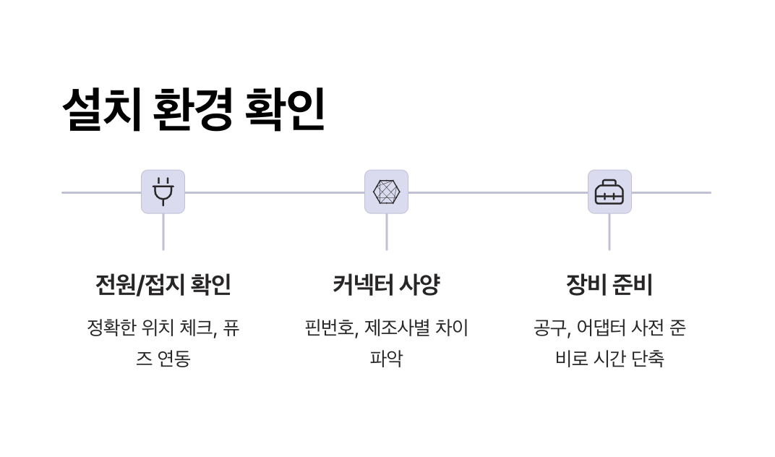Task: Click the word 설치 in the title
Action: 101,110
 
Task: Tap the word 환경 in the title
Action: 193,110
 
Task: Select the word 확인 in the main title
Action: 285,110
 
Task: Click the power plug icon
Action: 163,192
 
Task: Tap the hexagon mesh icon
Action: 386,192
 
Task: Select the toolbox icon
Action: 609,192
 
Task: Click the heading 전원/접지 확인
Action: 163,284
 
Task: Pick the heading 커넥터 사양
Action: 386,284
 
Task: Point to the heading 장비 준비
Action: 609,284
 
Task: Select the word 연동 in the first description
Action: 173,359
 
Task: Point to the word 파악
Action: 386,359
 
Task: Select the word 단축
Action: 647,359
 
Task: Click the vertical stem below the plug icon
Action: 163,231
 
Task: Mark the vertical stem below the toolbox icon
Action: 609,231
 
